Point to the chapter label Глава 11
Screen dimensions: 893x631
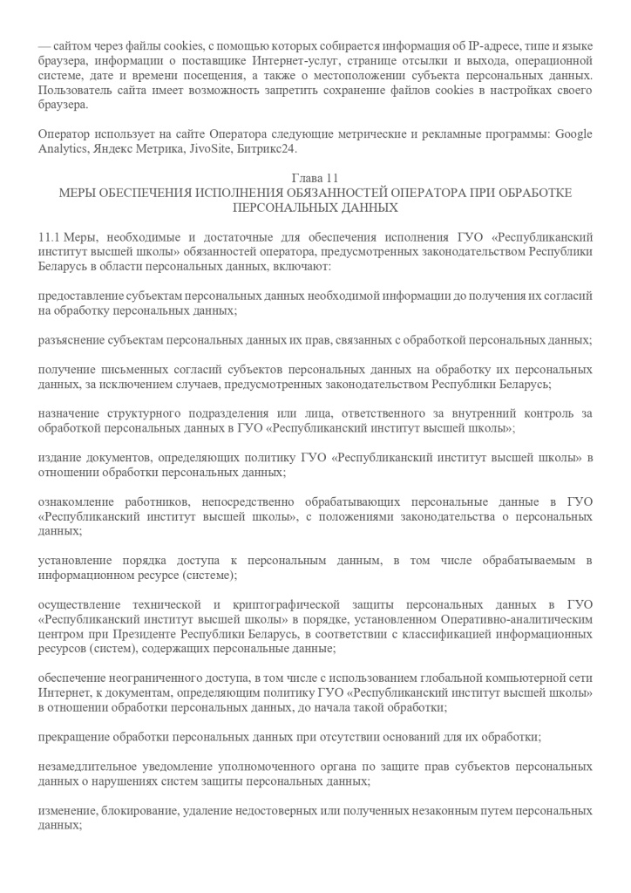pyautogui.click(x=315, y=178)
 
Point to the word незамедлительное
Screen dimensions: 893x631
pyautogui.click(x=93, y=767)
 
